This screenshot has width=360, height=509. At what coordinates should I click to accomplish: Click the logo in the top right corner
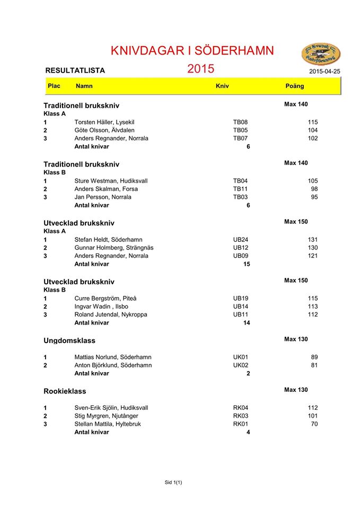tap(321, 54)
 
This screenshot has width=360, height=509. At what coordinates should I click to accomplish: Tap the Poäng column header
tap(295, 86)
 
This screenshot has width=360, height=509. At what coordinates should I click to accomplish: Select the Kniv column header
tap(222, 86)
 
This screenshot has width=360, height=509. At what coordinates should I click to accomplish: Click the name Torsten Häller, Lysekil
tap(104, 122)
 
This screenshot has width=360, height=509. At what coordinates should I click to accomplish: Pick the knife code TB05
tap(241, 130)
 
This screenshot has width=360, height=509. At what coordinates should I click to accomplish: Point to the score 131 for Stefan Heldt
tap(312, 240)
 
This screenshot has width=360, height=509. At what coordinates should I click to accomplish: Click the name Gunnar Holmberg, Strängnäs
tap(114, 248)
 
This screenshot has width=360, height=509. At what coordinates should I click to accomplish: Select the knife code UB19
tap(241, 299)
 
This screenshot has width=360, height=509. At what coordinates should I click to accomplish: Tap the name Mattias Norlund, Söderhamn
tap(113, 357)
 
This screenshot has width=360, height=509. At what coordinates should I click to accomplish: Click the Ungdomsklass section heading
tap(69, 340)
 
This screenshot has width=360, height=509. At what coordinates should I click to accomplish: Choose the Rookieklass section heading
tap(65, 391)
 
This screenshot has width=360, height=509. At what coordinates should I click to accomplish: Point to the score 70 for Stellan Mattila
tap(314, 424)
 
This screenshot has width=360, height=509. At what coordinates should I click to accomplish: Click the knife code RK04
tap(241, 408)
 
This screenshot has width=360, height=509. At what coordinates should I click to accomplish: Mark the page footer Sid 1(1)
tap(173, 482)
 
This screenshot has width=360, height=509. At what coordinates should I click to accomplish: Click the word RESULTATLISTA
tap(75, 70)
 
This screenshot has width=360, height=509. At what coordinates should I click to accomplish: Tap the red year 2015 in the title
tap(200, 68)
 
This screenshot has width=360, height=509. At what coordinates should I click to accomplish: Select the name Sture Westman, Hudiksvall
tap(111, 181)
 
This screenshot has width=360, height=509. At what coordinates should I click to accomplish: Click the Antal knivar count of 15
tap(247, 264)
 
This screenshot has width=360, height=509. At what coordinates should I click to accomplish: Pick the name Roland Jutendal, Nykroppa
tap(111, 314)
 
